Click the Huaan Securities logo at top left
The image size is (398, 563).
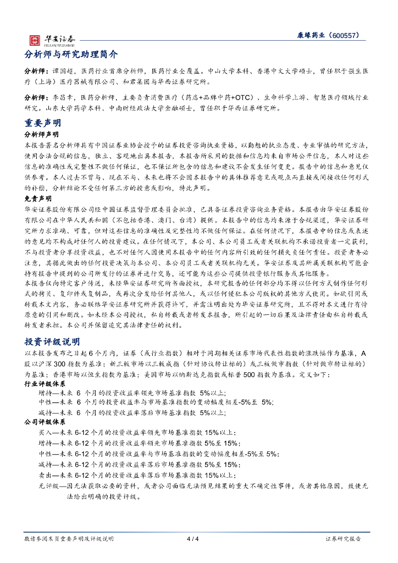(52, 39)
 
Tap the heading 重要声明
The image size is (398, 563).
(43, 123)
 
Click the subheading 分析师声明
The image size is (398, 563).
(42, 134)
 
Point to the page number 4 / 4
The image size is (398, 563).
(193, 539)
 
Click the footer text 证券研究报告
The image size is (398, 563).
(344, 539)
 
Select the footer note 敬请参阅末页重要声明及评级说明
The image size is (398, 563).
(69, 539)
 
